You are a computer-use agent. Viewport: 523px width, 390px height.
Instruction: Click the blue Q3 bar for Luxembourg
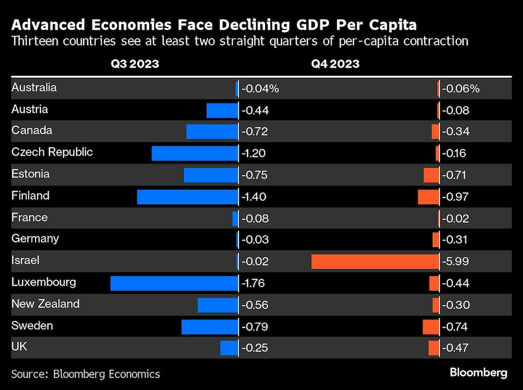coord(174,283)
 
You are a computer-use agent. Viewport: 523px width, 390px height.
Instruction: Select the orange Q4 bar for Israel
coord(375,261)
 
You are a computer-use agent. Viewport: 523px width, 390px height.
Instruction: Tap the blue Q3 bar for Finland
coord(187,197)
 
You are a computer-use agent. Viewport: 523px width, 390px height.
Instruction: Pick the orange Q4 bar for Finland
coord(428,197)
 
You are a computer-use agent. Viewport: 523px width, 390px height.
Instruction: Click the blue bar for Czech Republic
coord(195,153)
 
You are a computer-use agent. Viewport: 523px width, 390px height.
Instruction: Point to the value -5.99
coord(456,261)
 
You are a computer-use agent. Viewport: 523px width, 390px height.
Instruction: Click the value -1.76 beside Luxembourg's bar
coord(254,283)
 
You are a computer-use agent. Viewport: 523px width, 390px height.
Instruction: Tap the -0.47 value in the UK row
coord(456,348)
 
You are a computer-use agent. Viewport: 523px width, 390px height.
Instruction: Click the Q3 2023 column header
coord(134,64)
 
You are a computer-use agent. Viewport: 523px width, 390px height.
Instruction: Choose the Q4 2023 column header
coord(335,64)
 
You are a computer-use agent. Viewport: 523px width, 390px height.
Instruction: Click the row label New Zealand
coord(46,304)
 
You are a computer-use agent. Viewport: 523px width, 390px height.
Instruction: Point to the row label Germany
coord(35,239)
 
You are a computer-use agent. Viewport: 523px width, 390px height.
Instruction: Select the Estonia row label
coord(30,174)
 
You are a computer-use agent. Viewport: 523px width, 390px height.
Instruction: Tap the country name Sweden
coord(32,326)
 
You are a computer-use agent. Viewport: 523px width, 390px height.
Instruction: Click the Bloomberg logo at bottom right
coord(479,373)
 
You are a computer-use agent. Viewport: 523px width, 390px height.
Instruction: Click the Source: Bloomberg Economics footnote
coord(86,374)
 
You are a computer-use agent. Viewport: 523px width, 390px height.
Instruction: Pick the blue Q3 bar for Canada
coord(212,132)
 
